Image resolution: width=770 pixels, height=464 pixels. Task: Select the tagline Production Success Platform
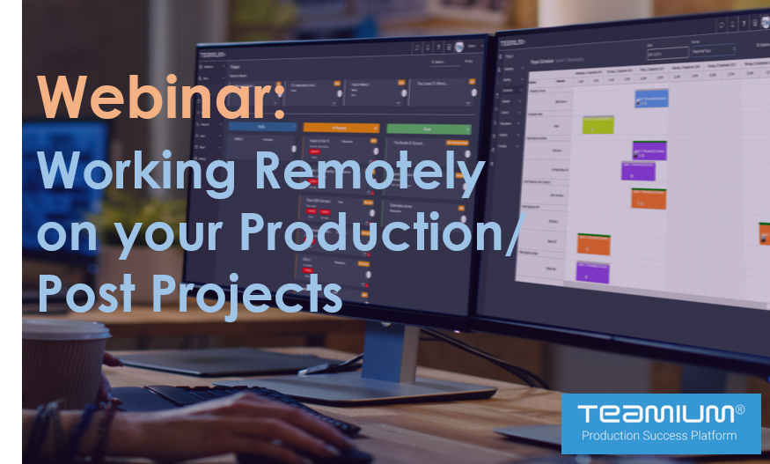coord(660,436)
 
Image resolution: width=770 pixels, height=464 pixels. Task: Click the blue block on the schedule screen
coord(651,98)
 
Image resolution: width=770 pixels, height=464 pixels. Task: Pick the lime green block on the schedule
coord(598,124)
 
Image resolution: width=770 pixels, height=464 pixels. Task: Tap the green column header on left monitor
coord(428,129)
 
